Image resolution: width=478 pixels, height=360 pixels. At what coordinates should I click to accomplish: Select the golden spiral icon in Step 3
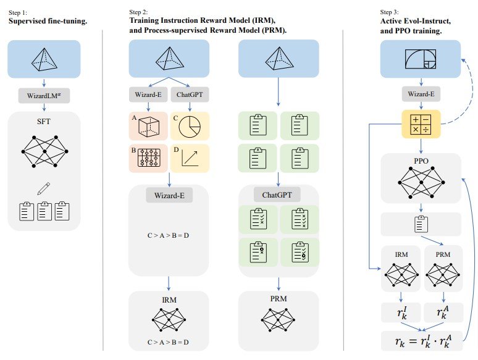click(421, 61)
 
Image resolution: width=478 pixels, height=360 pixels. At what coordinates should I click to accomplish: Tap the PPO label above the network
click(421, 160)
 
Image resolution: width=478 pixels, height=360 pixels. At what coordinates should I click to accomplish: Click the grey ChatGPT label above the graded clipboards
click(279, 195)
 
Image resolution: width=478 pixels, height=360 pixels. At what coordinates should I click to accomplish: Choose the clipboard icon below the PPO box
click(421, 223)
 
